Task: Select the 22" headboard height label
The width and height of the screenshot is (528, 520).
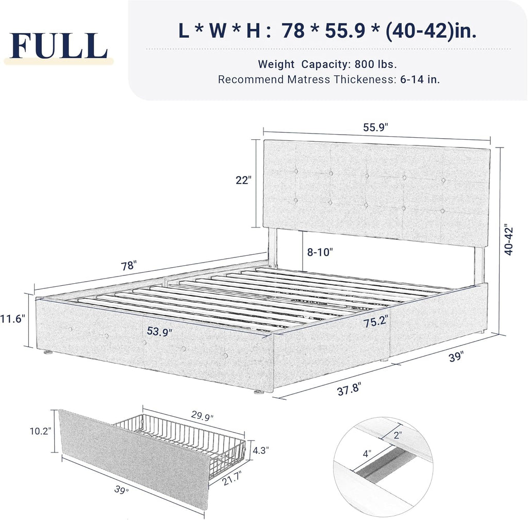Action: point(242,180)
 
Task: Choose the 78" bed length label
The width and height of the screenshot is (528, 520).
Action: point(128,266)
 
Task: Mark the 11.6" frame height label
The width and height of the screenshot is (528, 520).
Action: point(13,319)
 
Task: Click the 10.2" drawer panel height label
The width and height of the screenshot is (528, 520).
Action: point(41,431)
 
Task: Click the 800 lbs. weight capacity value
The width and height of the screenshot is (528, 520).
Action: point(375,64)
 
